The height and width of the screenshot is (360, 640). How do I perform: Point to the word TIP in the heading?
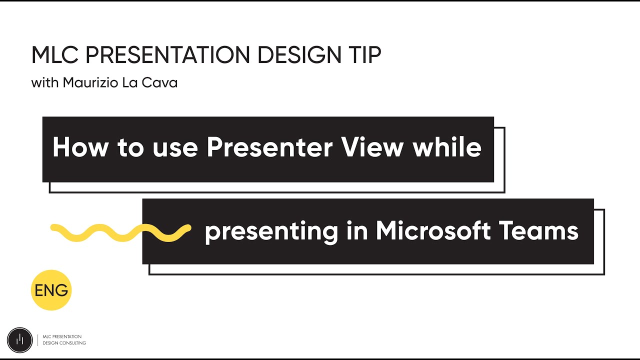(364, 55)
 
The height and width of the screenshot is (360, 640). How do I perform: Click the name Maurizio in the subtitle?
(91, 83)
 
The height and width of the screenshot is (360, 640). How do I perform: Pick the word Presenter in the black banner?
(270, 147)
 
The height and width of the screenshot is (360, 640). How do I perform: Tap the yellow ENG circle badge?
(51, 290)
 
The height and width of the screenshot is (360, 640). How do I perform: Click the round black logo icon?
(19, 339)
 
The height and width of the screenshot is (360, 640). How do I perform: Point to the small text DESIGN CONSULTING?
(64, 343)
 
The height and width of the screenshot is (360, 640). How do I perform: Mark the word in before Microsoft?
(356, 231)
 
